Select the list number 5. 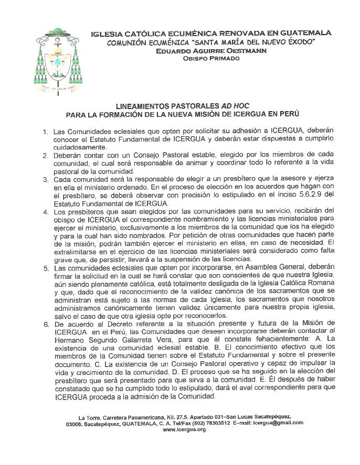[x=45, y=268]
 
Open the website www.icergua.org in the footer [x=185, y=429]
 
